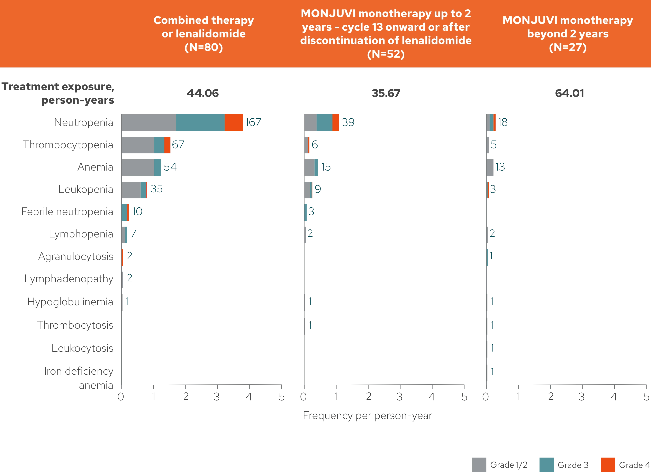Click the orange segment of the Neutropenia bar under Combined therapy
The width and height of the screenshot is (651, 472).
[x=234, y=122]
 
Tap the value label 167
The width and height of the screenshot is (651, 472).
[x=253, y=122]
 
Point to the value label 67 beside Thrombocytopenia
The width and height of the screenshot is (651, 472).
[x=178, y=144]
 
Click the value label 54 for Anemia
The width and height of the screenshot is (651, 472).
[x=170, y=167]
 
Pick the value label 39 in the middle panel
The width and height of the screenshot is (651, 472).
[x=348, y=122]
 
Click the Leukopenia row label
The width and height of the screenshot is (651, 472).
[x=85, y=189]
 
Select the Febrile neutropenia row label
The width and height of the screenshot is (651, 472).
[x=67, y=212]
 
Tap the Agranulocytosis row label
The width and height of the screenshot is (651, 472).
[x=76, y=256]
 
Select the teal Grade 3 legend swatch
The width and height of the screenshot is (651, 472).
[x=546, y=464]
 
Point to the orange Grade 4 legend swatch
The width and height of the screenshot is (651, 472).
[x=608, y=464]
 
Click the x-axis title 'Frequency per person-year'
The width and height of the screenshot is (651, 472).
[x=367, y=416]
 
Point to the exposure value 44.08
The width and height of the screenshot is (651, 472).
[x=203, y=93]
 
